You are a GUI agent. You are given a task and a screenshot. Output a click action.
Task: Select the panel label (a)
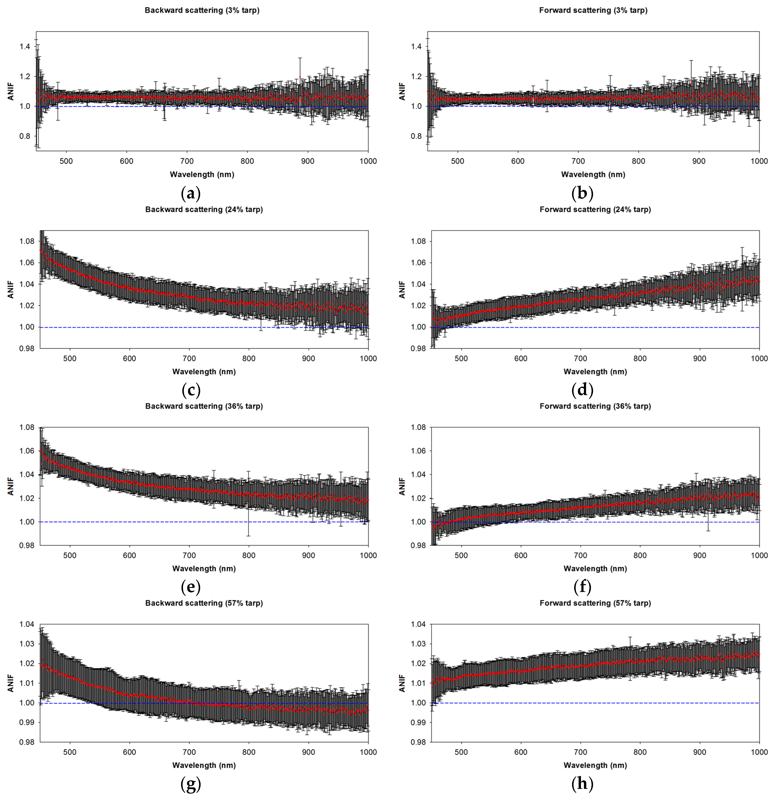tap(191, 193)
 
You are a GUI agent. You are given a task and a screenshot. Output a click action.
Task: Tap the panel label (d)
tap(582, 390)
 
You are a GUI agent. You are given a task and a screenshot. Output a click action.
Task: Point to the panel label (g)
tap(191, 784)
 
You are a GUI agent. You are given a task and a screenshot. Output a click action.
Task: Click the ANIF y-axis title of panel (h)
tap(402, 683)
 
